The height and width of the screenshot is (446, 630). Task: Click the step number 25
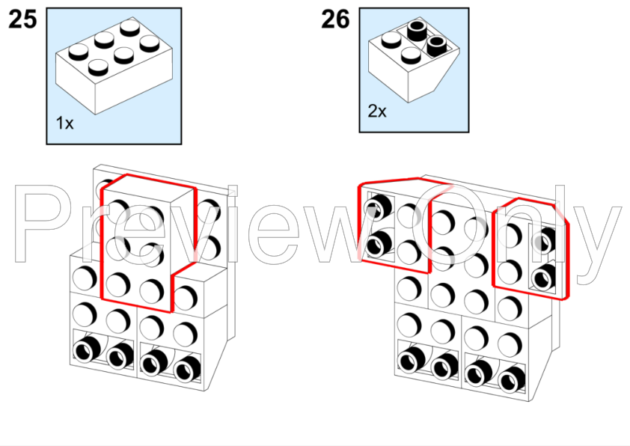[x=22, y=19]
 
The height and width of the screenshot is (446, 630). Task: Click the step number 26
[x=335, y=19]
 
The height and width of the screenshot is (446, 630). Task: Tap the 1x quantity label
[x=64, y=123]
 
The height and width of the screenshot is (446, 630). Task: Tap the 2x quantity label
[x=377, y=111]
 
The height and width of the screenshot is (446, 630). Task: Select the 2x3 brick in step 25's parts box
[x=114, y=66]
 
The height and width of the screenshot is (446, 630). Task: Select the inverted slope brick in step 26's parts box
[x=414, y=59]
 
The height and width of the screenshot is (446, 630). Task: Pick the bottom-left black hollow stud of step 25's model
[x=86, y=349]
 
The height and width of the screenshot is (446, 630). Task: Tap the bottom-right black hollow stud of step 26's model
[x=511, y=379]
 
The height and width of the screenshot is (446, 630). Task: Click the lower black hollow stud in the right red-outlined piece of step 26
[x=543, y=277]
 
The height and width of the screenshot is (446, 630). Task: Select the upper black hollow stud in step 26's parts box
[x=418, y=31]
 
